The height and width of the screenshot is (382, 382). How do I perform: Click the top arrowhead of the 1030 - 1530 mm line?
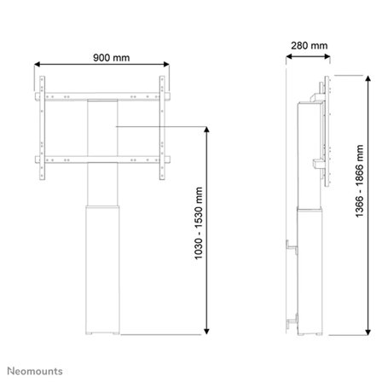[x=206, y=129]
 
